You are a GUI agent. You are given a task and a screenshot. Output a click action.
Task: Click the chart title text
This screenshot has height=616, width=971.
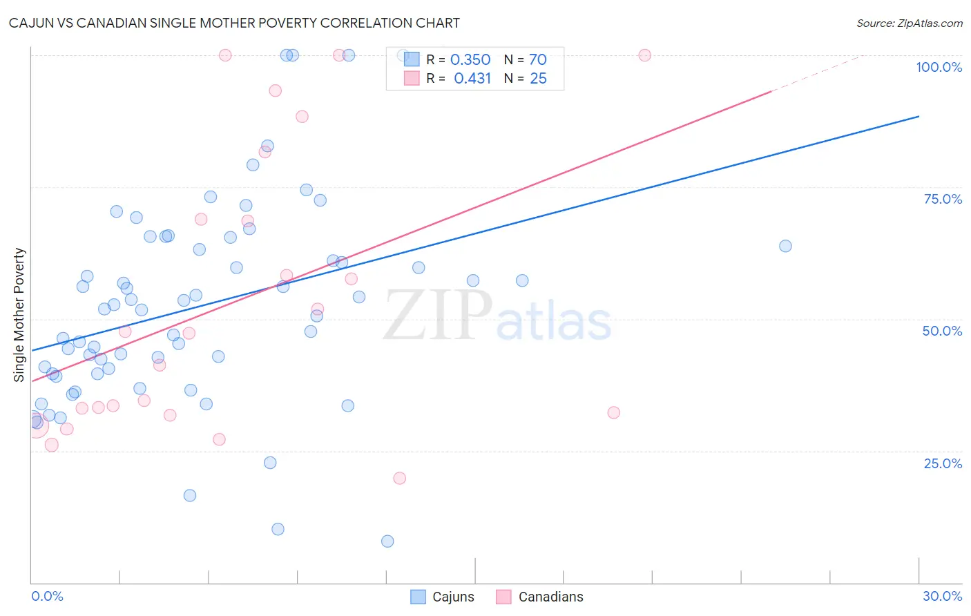coord(234,23)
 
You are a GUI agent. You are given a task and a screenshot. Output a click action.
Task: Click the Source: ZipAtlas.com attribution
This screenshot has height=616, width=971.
coord(909,23)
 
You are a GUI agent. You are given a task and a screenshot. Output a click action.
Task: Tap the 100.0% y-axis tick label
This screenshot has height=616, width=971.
coord(939,67)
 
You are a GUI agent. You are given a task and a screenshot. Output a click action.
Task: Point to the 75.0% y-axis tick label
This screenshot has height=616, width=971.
coord(943,199)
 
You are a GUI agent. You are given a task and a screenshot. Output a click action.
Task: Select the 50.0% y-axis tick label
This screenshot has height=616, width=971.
coord(942,331)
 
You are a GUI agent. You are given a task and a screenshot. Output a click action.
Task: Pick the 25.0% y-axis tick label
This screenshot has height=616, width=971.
coord(943,463)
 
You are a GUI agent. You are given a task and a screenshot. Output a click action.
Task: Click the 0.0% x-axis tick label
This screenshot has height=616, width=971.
coord(47,596)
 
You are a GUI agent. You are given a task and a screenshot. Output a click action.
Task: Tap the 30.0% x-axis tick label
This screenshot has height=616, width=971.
coord(942,596)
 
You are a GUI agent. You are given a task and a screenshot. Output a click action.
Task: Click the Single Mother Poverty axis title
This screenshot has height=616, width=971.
coord(19,315)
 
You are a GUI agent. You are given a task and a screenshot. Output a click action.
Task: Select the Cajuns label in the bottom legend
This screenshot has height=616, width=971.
coord(453,597)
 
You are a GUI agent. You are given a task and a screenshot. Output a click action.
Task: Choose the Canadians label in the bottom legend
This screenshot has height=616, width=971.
coord(550,597)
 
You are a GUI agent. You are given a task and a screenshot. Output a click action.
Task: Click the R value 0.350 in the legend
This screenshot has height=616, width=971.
coord(470,60)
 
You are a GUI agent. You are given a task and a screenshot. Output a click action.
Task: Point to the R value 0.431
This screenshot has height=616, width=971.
coord(472,79)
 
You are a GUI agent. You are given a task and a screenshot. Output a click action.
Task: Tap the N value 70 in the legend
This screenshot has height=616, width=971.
coord(538,60)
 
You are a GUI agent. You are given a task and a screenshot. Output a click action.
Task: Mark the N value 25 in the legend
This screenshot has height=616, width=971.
coord(538,79)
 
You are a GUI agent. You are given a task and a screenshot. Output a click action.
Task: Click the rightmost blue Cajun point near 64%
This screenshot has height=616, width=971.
coord(785,246)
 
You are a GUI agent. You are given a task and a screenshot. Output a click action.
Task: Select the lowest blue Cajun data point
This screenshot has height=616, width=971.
coord(387,541)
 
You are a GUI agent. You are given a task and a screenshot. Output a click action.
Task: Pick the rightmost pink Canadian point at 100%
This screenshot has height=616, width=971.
coord(644,55)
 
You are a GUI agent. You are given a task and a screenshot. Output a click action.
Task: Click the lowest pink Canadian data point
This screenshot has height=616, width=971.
coord(399,478)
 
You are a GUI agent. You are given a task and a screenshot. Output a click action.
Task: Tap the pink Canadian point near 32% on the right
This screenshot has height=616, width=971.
coord(613,413)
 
